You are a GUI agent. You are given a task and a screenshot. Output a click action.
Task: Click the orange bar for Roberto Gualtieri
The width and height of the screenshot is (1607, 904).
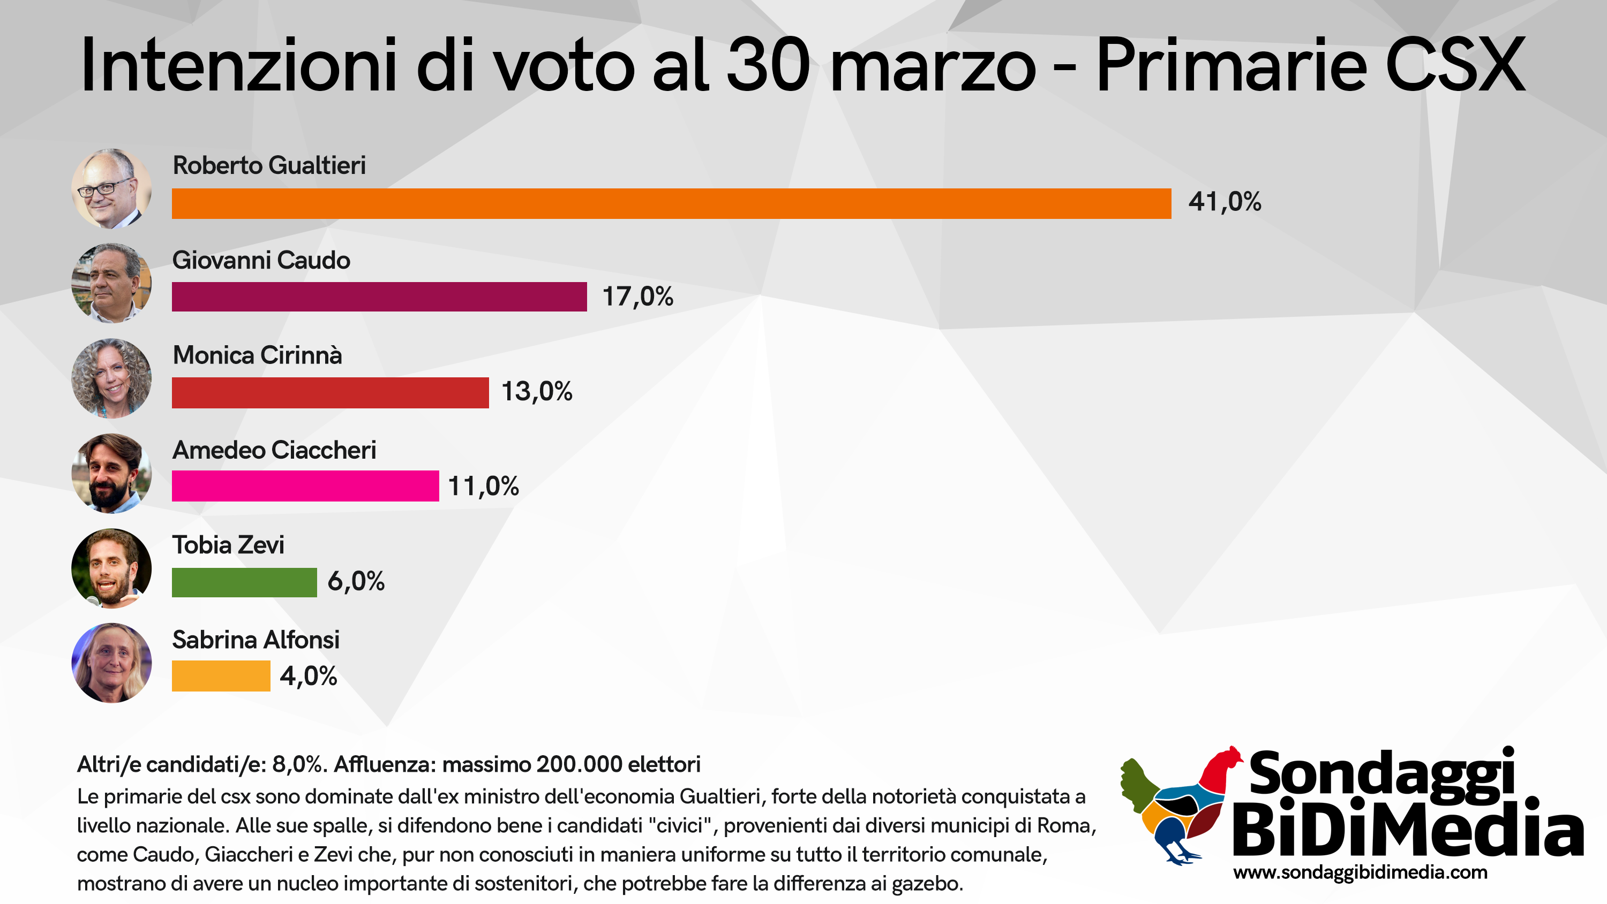pos(671,203)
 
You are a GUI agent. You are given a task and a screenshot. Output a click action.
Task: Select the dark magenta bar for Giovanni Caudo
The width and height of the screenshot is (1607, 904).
pos(379,297)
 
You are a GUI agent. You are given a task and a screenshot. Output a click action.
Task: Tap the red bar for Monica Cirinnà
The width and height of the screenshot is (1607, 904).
pos(331,393)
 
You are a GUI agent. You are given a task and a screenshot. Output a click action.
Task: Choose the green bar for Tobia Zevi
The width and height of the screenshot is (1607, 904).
pos(245,582)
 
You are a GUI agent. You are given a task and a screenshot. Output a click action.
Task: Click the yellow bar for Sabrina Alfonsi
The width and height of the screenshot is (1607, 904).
pos(221,676)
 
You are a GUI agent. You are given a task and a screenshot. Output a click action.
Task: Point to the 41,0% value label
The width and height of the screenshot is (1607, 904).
pos(1225,202)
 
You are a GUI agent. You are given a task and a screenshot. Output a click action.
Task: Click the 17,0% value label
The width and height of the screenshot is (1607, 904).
pos(637,297)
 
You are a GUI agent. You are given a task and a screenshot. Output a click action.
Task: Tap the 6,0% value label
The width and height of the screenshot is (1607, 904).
pos(356,581)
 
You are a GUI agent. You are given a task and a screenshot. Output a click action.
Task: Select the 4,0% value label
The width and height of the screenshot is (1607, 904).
pos(309,676)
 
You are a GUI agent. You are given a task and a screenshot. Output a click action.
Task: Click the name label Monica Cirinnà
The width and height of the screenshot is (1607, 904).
pos(257,355)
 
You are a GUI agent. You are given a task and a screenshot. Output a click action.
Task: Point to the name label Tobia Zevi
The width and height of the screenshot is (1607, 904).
pos(228,545)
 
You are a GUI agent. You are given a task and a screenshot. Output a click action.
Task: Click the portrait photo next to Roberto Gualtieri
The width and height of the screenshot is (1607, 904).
pos(111,188)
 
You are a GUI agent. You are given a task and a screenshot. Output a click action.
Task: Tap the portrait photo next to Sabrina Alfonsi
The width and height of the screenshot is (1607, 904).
pos(111,663)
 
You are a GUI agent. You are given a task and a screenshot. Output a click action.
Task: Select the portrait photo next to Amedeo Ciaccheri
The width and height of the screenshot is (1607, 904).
pos(111,473)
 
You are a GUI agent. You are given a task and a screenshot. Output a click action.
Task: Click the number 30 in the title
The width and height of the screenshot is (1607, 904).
pos(769,65)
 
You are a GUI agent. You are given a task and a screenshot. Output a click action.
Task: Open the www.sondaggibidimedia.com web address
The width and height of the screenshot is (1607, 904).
pos(1361,873)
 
